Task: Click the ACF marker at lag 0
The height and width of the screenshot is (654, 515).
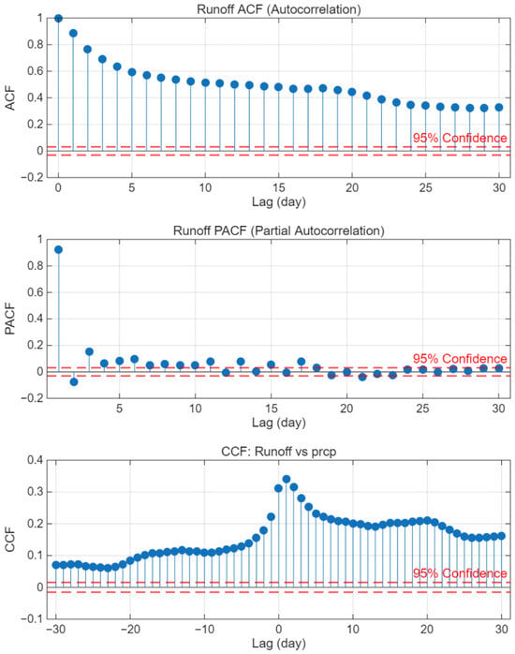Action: coord(58,19)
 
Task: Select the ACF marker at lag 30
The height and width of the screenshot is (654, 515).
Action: coord(499,107)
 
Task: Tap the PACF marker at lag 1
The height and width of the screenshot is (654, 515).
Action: coord(58,249)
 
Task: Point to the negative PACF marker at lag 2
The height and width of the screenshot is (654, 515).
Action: coord(74,381)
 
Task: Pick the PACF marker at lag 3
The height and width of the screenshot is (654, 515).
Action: coord(89,351)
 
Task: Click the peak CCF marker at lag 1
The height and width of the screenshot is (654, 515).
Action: coord(287,479)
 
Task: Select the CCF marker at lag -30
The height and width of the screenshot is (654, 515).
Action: coord(56,565)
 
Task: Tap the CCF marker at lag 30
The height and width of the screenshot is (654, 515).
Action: coord(502,536)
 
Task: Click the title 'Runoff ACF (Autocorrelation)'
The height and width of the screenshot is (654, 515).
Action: coord(279,9)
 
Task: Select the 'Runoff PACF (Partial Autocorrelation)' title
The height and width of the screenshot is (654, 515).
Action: coord(279,230)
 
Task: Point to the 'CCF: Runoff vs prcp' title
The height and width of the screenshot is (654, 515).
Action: coord(279,452)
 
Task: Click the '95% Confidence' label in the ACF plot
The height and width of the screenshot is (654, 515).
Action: coord(460,138)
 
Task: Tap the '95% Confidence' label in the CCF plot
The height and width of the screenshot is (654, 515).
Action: coord(460,573)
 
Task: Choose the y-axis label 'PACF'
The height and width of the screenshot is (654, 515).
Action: coord(10,319)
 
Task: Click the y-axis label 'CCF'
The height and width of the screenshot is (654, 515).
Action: coord(10,540)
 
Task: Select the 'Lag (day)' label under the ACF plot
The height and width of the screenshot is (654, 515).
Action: coord(279,201)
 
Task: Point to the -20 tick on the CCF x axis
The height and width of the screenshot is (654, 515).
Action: coord(130,629)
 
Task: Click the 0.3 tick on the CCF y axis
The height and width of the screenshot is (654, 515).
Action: coord(35,492)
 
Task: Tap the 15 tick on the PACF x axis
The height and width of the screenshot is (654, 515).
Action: coord(271,408)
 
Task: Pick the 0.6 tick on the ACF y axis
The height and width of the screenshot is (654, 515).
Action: coord(35,71)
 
